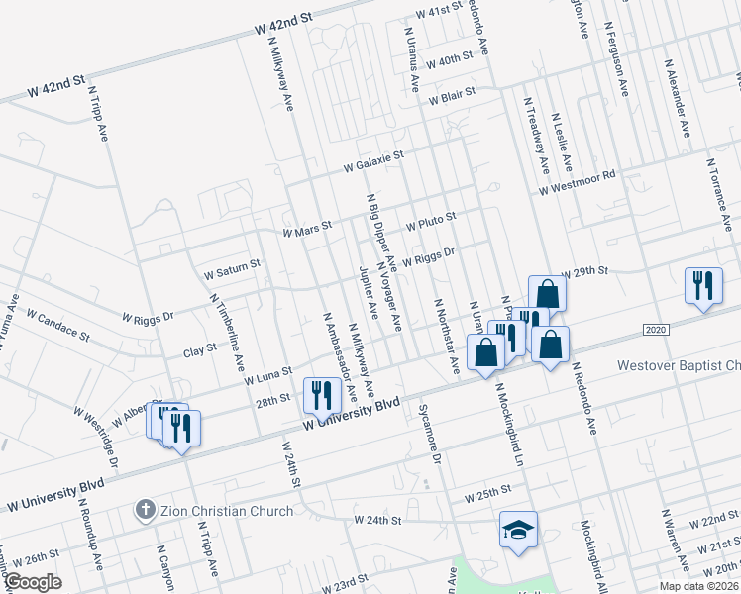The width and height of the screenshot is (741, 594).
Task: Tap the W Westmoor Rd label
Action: pyautogui.click(x=578, y=183)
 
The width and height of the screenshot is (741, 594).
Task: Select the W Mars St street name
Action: pyautogui.click(x=306, y=230)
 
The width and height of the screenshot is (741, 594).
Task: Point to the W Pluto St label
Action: pyautogui.click(x=430, y=217)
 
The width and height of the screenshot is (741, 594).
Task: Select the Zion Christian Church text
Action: pyautogui.click(x=227, y=511)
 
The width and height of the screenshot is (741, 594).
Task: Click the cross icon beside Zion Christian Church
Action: pyautogui.click(x=144, y=511)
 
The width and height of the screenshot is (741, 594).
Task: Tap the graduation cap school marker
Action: pyautogui.click(x=518, y=530)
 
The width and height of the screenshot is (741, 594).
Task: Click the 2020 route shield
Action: pyautogui.click(x=653, y=329)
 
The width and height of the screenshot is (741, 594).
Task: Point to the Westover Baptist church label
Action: pyautogui.click(x=678, y=366)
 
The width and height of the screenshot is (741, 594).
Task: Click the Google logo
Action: pyautogui.click(x=33, y=582)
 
